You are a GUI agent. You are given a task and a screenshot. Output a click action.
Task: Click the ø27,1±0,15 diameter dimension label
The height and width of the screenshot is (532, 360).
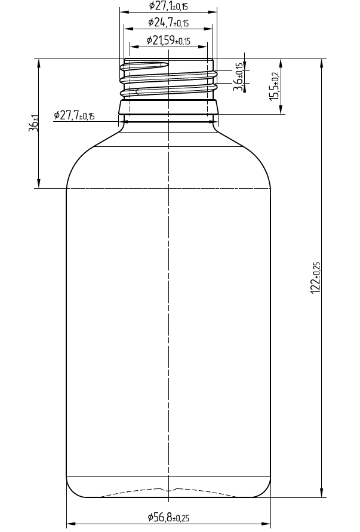[168, 6]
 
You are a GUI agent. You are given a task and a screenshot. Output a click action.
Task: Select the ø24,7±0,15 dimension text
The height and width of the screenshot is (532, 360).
[168, 23]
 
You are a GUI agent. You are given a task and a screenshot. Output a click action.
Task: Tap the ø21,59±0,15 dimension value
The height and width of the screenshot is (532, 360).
[168, 41]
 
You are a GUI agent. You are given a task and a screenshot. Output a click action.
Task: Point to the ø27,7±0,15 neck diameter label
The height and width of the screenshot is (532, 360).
[74, 115]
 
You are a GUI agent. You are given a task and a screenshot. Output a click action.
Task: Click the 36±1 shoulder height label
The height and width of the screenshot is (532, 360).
[33, 124]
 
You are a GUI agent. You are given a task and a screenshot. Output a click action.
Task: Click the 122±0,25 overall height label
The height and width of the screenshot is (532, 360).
[316, 277]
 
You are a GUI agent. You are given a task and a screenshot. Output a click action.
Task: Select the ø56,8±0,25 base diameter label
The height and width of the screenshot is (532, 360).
[168, 518]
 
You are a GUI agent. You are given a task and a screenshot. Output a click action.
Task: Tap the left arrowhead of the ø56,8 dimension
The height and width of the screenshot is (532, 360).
[70, 524]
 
